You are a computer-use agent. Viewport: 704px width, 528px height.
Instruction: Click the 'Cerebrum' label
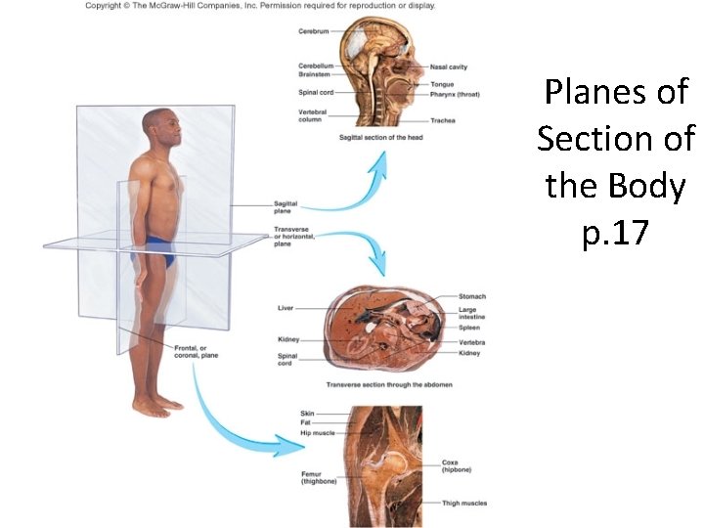[x=313, y=31]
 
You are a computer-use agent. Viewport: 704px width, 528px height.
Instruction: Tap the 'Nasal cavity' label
[x=449, y=67]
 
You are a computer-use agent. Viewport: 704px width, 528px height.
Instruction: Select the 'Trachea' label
[x=442, y=120]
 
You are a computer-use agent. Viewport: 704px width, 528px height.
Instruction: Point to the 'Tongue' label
[x=441, y=84]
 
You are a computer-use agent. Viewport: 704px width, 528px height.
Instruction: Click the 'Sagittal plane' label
[x=286, y=206]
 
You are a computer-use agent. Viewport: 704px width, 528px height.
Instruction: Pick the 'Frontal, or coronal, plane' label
[x=196, y=352]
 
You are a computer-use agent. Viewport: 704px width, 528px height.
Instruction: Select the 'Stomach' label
[x=472, y=296]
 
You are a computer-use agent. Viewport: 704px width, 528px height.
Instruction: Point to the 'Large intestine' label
[x=471, y=314]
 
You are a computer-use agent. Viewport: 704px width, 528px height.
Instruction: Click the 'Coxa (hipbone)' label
[x=456, y=466]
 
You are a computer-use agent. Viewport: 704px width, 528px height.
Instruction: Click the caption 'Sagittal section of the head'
[x=379, y=138]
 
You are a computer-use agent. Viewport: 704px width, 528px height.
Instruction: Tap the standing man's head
[x=160, y=126]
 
